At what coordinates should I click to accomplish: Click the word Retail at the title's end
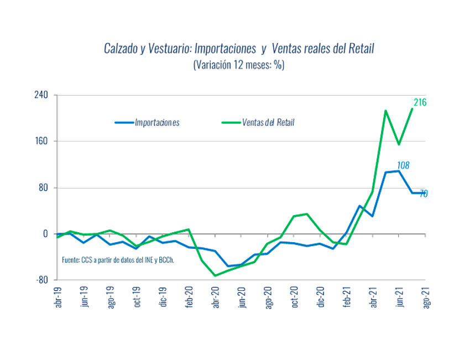coord(360,49)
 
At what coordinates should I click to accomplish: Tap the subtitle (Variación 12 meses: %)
coord(239,65)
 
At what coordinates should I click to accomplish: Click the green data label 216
coord(420,102)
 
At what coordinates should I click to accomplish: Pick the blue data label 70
coord(423,194)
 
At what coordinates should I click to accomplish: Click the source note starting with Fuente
coord(118,260)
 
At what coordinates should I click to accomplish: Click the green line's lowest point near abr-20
coord(215,275)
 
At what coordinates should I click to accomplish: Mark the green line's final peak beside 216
coord(412,109)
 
